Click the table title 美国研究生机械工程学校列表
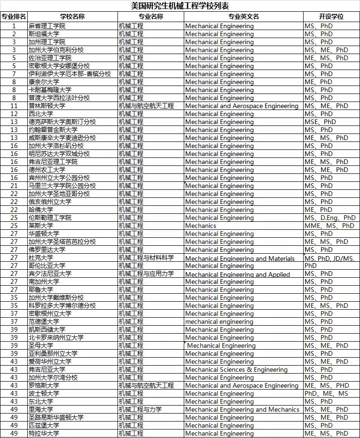point(180,6)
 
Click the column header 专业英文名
point(243,16)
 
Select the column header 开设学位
point(331,16)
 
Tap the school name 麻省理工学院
point(47,26)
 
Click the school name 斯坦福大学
point(44,34)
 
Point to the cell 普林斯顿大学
point(47,106)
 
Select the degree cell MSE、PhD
point(320,122)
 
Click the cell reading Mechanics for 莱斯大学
point(201,226)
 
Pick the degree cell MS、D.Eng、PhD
point(330,218)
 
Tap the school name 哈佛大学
point(41,210)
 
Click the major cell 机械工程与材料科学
point(146,258)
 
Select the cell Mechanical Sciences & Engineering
point(236,369)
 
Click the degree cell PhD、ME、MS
point(326,393)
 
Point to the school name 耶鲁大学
point(41,289)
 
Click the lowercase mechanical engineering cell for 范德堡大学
point(219,321)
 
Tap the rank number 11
point(14,106)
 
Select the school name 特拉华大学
point(44,433)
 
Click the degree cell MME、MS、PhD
point(329,226)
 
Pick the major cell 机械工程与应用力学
point(146,274)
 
